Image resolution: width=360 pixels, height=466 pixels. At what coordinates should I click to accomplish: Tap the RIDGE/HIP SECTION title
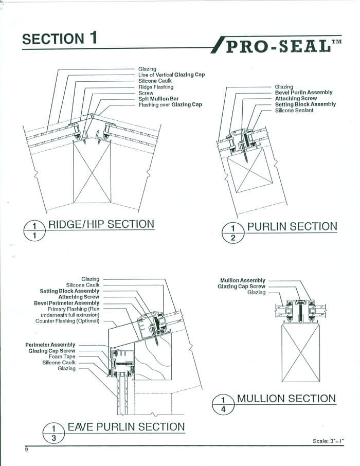coord(101,224)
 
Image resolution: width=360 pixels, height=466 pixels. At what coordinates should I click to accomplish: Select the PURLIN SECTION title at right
coord(292,226)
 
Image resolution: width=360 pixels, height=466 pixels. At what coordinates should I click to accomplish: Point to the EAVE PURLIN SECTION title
coord(125,426)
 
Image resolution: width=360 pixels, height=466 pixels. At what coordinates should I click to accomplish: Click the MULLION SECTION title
coord(286,398)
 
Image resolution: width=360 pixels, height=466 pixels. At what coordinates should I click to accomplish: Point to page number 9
coord(26,451)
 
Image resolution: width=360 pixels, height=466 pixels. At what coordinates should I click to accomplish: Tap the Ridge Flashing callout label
coord(156,87)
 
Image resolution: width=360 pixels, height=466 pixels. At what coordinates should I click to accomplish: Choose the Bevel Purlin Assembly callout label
coord(303,93)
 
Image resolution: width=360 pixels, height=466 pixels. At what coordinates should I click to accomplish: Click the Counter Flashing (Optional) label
coord(67,321)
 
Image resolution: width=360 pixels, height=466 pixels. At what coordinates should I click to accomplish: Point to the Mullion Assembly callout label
coord(242,280)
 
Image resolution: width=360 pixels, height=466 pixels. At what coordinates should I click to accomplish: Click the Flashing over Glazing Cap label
coord(170,105)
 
